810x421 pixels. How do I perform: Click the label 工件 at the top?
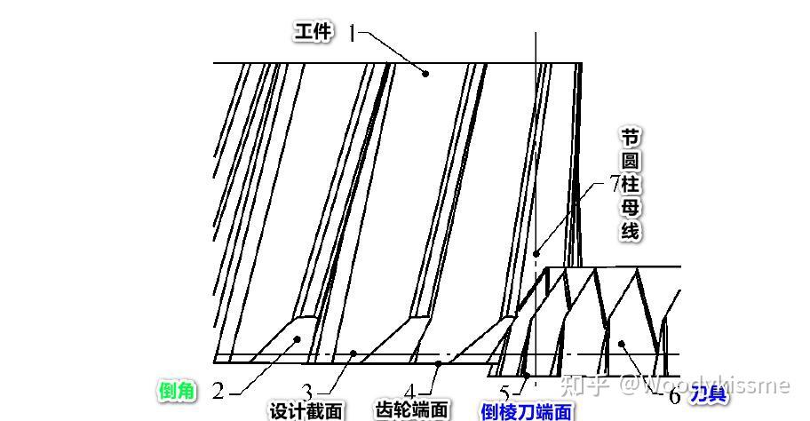(313, 33)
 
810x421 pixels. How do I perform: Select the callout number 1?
(352, 34)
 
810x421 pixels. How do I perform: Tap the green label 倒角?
(177, 391)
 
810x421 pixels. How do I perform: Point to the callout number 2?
(218, 392)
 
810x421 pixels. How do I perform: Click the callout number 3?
(307, 392)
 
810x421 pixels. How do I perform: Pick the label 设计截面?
(306, 411)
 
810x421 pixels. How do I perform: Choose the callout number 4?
(410, 392)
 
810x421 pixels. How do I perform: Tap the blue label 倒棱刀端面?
(526, 412)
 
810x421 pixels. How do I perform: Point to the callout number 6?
(674, 396)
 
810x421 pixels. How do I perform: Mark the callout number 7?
(615, 184)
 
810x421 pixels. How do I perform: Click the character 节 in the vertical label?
(630, 138)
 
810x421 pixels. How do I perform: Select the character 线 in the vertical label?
(630, 232)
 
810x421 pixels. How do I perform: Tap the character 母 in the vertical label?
(630, 208)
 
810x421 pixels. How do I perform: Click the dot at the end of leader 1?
(425, 74)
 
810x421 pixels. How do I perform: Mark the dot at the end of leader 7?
(536, 254)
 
